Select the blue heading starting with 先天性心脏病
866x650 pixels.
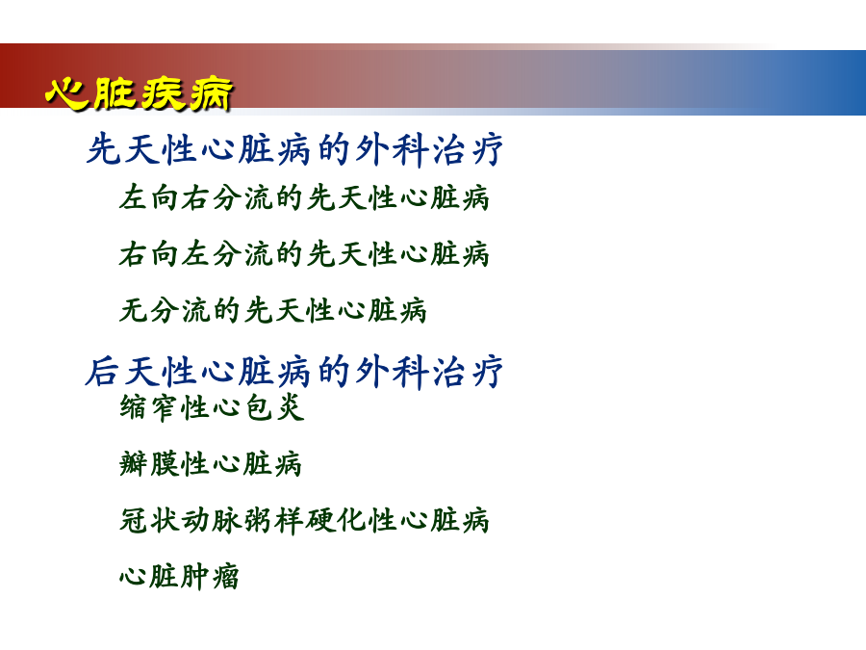(294, 149)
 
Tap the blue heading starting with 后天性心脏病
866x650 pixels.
(293, 371)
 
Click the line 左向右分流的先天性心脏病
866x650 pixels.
(304, 197)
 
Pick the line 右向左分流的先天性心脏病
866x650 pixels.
(304, 253)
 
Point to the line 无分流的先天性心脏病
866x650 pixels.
(273, 309)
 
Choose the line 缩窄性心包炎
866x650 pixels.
(212, 407)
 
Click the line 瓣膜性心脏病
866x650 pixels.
(211, 464)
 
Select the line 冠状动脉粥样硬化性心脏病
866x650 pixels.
(304, 520)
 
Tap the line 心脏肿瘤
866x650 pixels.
(179, 577)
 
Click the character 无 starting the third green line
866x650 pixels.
(133, 309)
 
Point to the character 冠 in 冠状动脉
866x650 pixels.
(133, 520)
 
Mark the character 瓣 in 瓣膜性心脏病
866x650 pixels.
(133, 464)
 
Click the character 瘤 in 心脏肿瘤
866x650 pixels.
(225, 577)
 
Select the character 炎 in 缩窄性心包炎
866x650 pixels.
(291, 407)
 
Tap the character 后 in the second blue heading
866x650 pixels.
(102, 371)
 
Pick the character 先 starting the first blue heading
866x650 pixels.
(103, 149)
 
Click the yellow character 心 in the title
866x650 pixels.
(66, 92)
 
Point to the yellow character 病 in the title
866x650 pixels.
(211, 95)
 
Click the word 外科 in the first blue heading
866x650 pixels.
(392, 149)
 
